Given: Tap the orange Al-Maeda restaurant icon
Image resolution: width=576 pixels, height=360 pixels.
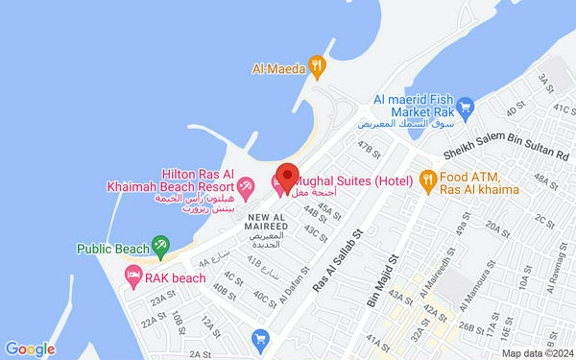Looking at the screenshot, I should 319,67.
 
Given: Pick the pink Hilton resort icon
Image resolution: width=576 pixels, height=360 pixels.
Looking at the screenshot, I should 246,183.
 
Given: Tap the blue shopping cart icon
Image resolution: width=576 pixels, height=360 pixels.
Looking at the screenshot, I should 259,337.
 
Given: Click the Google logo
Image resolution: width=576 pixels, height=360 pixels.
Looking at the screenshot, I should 29,349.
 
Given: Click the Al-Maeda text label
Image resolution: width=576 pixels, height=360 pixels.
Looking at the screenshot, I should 278,68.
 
